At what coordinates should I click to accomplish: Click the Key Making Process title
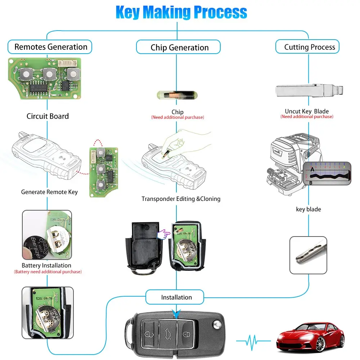[x=181, y=12]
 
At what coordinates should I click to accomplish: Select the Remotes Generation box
[x=50, y=47]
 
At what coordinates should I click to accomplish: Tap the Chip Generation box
[x=179, y=48]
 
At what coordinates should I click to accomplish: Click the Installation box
[x=176, y=297]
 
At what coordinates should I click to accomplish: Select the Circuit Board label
[x=48, y=116]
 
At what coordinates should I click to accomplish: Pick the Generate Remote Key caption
[x=49, y=192]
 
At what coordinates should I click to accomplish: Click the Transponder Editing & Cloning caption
[x=181, y=199]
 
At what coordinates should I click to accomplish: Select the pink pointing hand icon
[x=164, y=234]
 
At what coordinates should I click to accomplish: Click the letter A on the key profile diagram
[x=312, y=168]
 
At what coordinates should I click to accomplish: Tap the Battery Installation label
[x=46, y=265]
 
